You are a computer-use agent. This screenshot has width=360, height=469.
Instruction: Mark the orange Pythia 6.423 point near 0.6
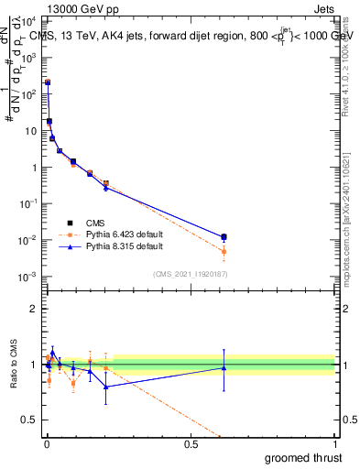[224, 251]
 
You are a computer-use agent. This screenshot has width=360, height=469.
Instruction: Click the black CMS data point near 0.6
[224, 237]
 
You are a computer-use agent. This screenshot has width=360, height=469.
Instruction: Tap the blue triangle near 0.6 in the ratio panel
[224, 367]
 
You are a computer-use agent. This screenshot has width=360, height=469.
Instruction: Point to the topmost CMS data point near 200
[48, 82]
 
